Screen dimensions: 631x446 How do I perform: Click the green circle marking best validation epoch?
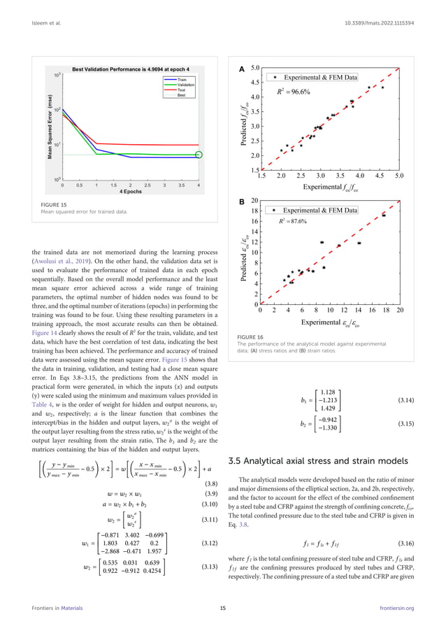(x=199, y=154)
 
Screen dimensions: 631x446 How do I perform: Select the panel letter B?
(x=241, y=201)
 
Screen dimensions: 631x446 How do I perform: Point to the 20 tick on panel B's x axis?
(x=400, y=310)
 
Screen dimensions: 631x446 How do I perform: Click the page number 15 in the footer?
(x=222, y=609)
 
